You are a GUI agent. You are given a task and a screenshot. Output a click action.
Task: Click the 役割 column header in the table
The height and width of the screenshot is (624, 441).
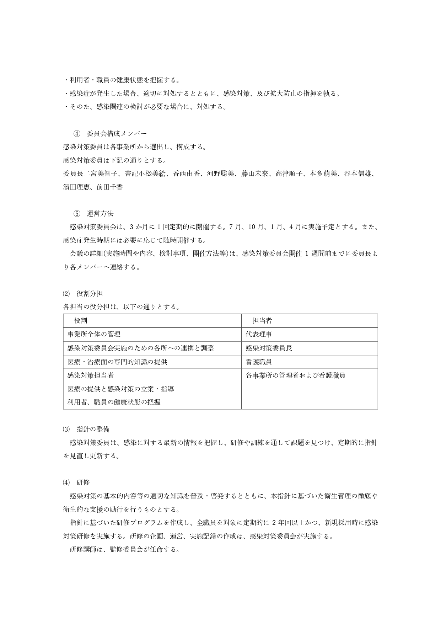click(x=81, y=321)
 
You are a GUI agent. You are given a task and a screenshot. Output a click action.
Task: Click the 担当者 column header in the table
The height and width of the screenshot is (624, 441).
click(x=262, y=321)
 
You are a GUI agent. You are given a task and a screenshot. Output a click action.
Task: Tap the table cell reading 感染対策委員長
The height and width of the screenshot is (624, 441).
click(x=269, y=348)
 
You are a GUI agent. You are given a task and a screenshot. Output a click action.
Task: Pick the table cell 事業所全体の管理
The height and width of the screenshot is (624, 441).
click(x=94, y=334)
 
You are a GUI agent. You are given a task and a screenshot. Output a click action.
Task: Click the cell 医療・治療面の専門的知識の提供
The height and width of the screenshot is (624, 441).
click(x=117, y=362)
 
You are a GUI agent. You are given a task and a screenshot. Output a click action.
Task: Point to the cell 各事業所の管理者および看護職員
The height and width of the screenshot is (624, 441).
click(x=296, y=375)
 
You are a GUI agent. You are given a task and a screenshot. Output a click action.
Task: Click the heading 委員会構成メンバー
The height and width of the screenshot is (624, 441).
click(x=117, y=134)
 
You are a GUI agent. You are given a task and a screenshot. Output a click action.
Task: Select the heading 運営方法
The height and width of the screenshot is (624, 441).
click(x=100, y=214)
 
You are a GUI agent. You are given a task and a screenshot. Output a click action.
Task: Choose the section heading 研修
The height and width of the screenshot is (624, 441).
click(x=83, y=482)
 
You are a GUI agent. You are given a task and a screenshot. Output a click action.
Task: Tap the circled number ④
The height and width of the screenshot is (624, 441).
click(x=77, y=134)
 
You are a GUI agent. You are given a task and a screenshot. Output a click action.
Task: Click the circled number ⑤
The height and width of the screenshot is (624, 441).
click(x=77, y=214)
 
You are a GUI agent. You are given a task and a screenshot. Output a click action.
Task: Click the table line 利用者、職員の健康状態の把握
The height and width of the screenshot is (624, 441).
click(x=114, y=402)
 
